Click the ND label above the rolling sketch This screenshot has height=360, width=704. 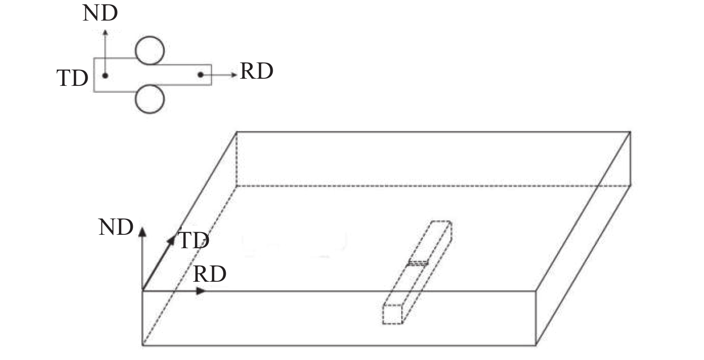click(x=100, y=13)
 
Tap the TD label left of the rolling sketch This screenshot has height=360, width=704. click(x=72, y=78)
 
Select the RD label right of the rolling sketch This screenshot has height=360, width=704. click(x=256, y=71)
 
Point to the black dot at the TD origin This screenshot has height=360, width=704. click(x=105, y=76)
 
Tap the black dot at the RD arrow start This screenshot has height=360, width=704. click(x=201, y=75)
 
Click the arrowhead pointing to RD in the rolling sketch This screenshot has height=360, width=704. click(x=234, y=75)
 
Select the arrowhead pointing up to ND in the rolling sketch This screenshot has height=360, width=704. click(x=105, y=32)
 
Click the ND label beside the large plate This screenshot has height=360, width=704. click(x=116, y=227)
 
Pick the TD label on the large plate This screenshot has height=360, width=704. click(x=194, y=241)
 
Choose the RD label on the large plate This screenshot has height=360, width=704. click(x=210, y=274)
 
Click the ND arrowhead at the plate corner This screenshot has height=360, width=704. click(x=143, y=232)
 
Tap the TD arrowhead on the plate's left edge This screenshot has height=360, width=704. click(x=171, y=241)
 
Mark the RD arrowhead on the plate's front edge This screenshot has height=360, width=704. click(x=201, y=291)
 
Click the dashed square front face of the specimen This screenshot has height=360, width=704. click(x=392, y=314)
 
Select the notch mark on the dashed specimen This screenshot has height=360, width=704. click(x=418, y=263)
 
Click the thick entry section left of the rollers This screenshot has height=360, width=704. click(x=115, y=75)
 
